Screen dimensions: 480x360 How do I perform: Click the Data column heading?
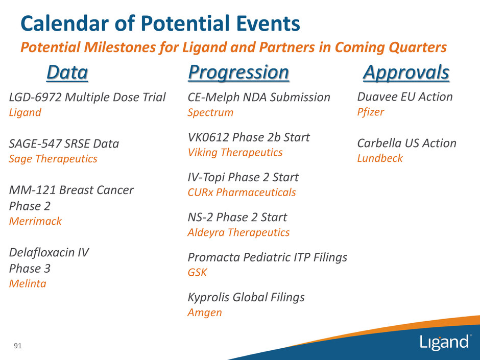tap(67, 73)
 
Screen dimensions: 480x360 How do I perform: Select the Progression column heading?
tap(238, 73)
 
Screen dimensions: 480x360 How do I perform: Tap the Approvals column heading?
tap(406, 73)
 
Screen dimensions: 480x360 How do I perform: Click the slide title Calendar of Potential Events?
tap(160, 23)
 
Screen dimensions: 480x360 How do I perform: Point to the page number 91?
tap(18, 346)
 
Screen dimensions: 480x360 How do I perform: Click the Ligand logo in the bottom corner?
tap(444, 342)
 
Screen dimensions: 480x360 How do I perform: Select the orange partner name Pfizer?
tap(370, 112)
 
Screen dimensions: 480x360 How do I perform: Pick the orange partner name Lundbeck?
tap(380, 158)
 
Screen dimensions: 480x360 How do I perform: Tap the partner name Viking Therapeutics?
tap(235, 153)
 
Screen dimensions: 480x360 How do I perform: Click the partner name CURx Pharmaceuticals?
tap(242, 192)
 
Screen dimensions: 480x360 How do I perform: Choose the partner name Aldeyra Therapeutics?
tap(238, 233)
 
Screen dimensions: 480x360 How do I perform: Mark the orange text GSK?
tap(198, 272)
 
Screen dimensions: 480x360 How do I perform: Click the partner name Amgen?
tap(205, 313)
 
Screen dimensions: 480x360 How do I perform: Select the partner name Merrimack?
tap(36, 221)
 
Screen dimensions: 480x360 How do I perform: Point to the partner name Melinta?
tap(28, 283)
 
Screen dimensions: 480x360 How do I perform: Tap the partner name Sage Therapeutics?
tap(53, 159)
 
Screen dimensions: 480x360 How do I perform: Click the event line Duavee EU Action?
tap(405, 97)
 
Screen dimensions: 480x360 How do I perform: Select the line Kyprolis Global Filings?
tap(246, 297)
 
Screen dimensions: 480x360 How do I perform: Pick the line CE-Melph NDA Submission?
tap(259, 98)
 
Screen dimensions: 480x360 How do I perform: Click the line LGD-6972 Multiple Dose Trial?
tap(87, 98)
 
